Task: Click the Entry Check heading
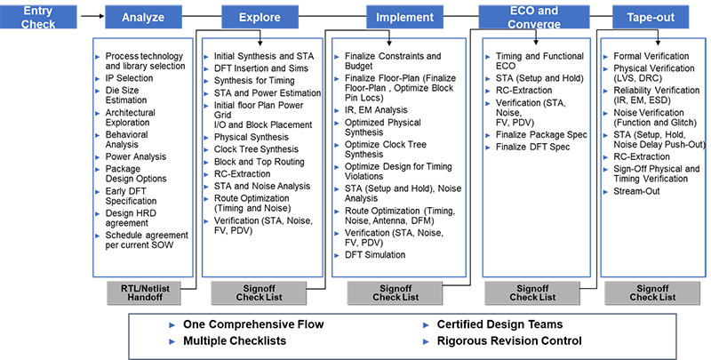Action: coord(36,17)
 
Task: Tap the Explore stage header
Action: coord(260,17)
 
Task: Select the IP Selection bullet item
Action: coord(129,78)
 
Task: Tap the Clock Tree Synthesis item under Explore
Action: coord(256,149)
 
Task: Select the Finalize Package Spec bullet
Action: coord(543,135)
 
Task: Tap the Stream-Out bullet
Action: coord(638,191)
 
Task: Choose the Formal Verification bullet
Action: coord(652,56)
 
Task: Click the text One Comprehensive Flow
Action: coord(253,324)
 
